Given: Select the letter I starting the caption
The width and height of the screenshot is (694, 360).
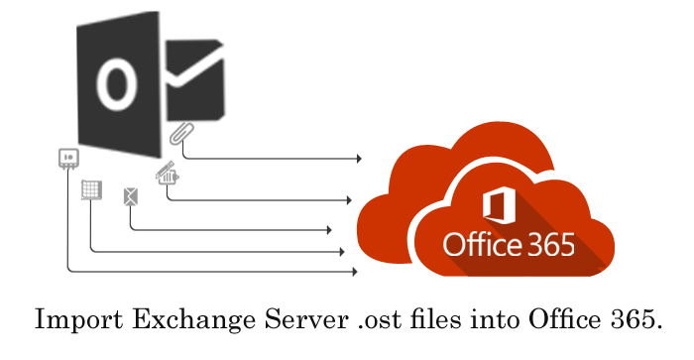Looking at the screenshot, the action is point(41,318).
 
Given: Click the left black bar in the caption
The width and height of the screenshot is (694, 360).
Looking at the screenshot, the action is point(198,318).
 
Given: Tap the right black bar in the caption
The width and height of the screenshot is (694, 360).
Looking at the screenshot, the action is point(506,318).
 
